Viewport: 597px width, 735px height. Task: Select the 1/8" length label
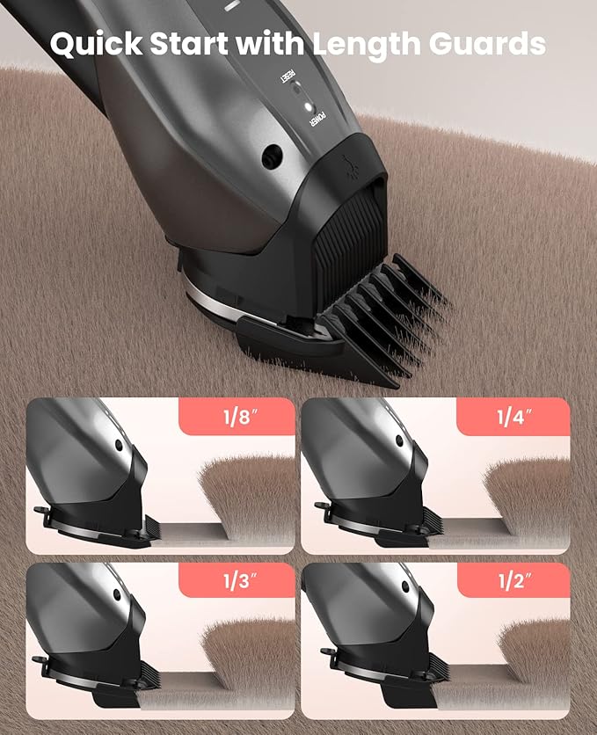(236, 418)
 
